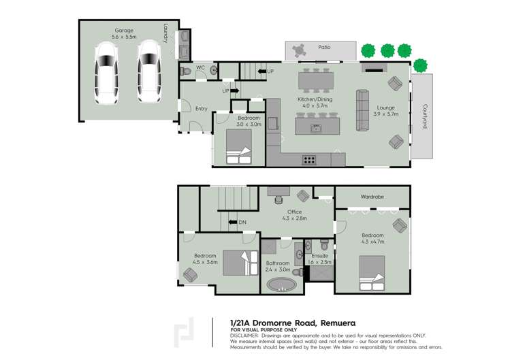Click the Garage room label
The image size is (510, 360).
point(124,31)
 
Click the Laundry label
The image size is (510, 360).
point(165,33)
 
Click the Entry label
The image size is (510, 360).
point(202,108)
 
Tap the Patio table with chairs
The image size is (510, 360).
point(300,50)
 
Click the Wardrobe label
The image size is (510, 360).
point(372,197)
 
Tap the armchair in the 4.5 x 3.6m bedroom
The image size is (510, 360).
point(190,275)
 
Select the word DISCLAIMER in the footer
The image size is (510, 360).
point(244,336)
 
